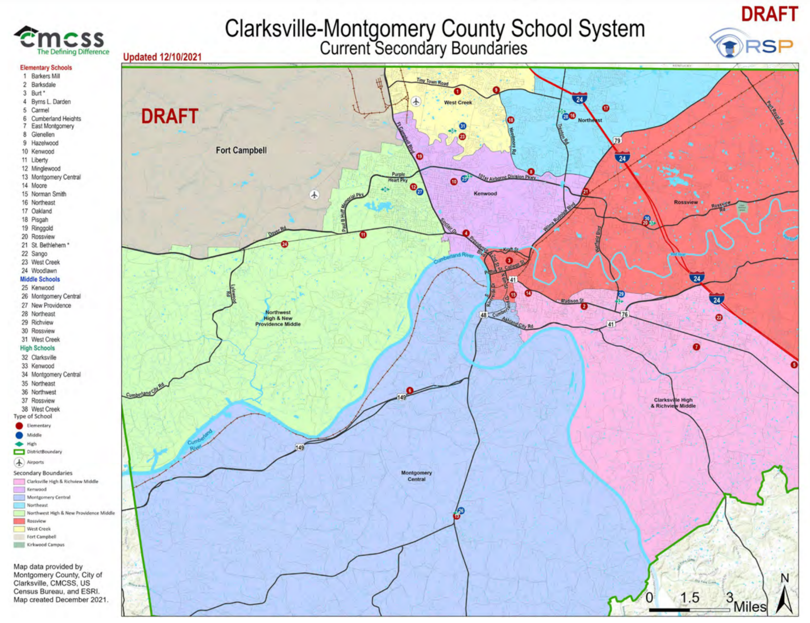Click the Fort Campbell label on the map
pos(241,150)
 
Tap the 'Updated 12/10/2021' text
pos(162,57)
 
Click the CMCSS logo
pos(61,40)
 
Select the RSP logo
pos(752,44)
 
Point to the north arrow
pos(785,595)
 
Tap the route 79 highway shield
pos(617,140)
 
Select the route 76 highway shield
pos(624,314)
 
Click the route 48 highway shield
pos(483,315)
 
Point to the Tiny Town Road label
pos(432,82)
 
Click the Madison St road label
pos(572,301)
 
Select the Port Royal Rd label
pos(775,112)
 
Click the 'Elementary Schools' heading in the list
pos(46,68)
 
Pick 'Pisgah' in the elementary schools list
pos(40,219)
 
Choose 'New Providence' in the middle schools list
pos(51,305)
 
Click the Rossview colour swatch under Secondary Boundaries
pos(20,521)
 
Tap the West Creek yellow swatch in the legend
pos(20,529)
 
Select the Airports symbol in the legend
pos(19,463)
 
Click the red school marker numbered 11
pos(363,235)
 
